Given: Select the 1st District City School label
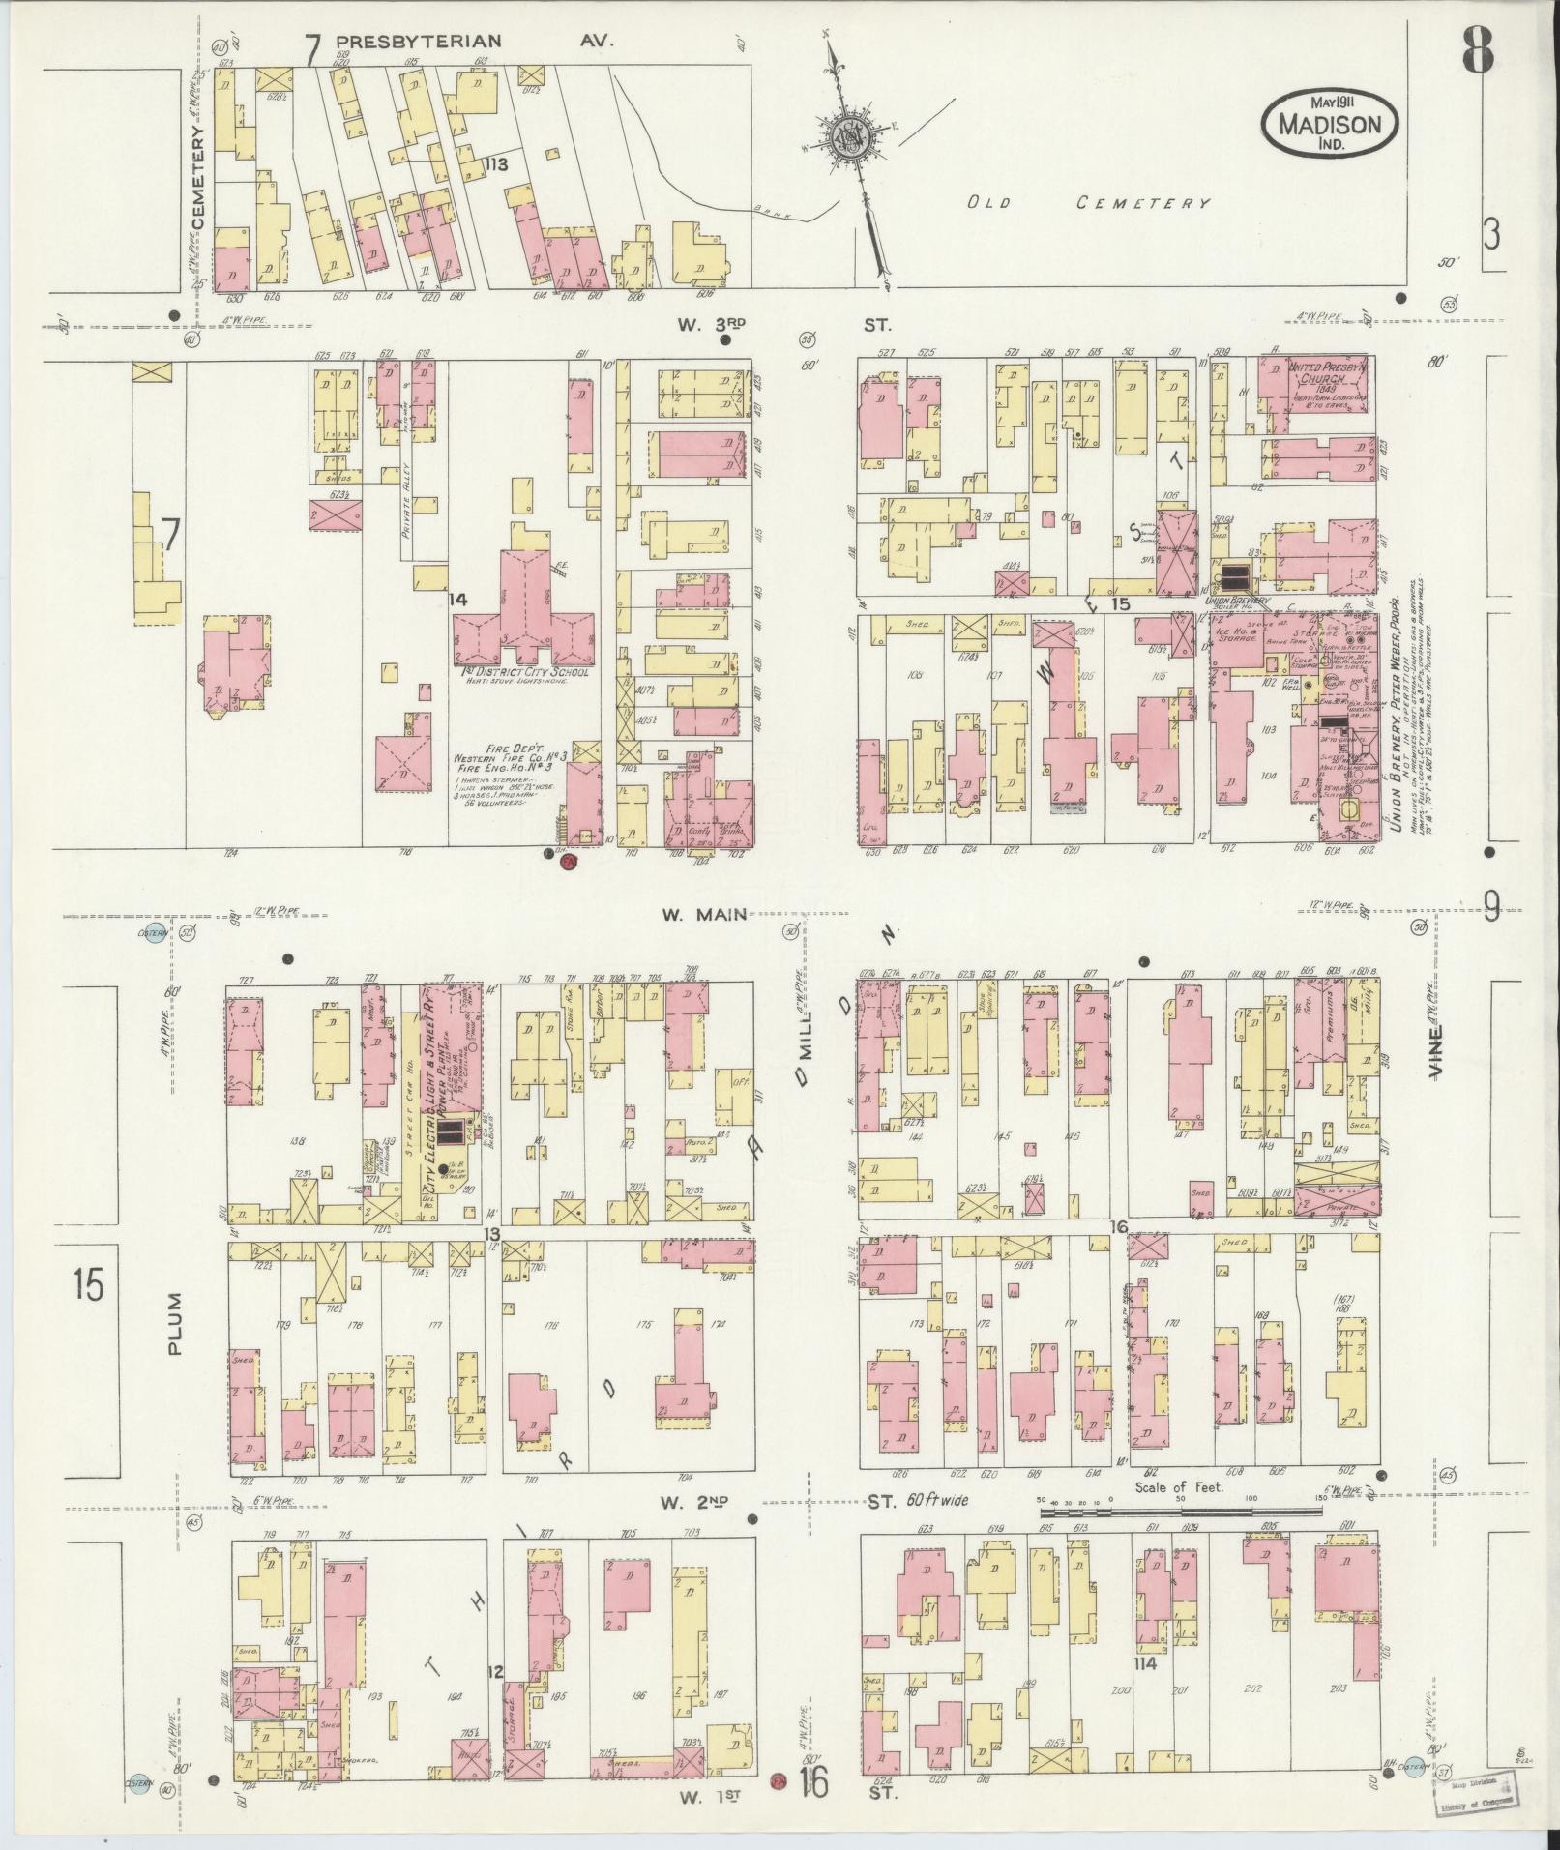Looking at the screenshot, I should (522, 671).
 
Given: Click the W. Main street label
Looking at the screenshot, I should (704, 913).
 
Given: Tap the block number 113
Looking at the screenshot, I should (497, 164).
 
